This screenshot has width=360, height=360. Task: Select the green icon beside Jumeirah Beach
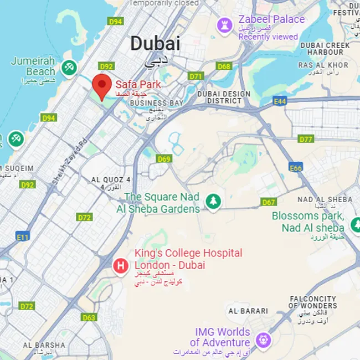coord(69,68)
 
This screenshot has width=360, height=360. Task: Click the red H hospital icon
coord(120,266)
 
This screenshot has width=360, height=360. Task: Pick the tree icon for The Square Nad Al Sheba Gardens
coord(213,201)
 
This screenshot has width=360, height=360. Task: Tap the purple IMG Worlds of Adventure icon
coord(264,338)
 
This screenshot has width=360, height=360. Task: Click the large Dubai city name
coord(155,43)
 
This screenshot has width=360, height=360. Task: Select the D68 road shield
coord(224,66)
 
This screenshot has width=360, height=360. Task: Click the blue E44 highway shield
coord(280,101)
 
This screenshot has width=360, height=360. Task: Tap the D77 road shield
coord(306,139)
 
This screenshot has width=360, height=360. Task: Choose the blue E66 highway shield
coord(296,167)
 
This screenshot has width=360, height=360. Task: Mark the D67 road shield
coord(269,202)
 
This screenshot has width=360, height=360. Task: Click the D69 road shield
coord(164,159)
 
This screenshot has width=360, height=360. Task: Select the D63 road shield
coord(89,317)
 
